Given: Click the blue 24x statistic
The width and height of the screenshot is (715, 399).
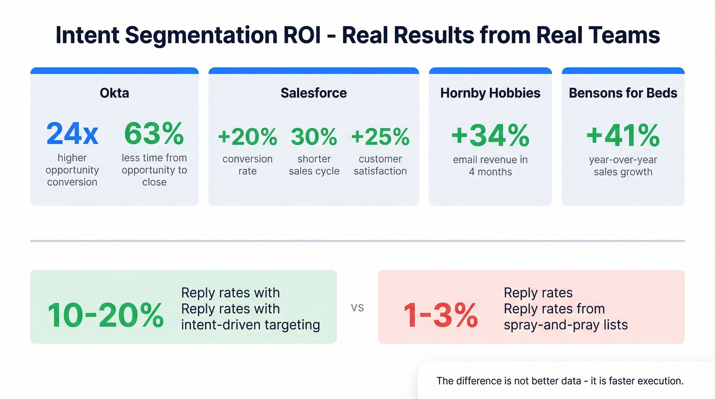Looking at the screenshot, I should pos(72,134).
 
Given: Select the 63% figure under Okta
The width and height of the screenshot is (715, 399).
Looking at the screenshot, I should pos(154,134).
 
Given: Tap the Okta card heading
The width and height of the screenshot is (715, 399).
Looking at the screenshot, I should pos(114,93).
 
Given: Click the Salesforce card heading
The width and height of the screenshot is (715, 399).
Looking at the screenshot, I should pos(314,93).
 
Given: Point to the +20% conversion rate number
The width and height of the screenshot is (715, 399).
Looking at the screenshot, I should pos(247,136).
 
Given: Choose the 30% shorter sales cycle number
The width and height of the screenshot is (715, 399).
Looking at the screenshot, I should pos(314,136).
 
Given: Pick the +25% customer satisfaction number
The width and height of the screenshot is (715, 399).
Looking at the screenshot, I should pos(380,136).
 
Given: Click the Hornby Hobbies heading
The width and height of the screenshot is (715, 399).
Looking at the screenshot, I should pos(490,93).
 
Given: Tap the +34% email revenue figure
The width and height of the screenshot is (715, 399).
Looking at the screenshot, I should pos(490,135).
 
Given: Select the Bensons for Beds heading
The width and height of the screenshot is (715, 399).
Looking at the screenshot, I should pos(623,93).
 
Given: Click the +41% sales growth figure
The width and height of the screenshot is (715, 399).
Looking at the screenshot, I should pos(623,135).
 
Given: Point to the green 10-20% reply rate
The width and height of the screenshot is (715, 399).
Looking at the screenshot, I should pos(105,315).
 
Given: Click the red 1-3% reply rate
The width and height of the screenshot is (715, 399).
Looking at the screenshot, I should pos(440,315).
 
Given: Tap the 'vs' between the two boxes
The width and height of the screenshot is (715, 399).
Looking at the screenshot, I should pos(357,308).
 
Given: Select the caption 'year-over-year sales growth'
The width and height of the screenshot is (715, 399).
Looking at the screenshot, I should pos(623,166).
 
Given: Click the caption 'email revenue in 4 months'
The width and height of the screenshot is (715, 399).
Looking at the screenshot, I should pos(490,166).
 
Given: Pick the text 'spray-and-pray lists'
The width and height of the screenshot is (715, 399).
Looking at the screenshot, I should pos(565,324).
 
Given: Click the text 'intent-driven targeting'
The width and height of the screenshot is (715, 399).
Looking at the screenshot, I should pos(250,324).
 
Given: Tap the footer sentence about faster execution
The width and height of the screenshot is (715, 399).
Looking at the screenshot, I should pos(560,381).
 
